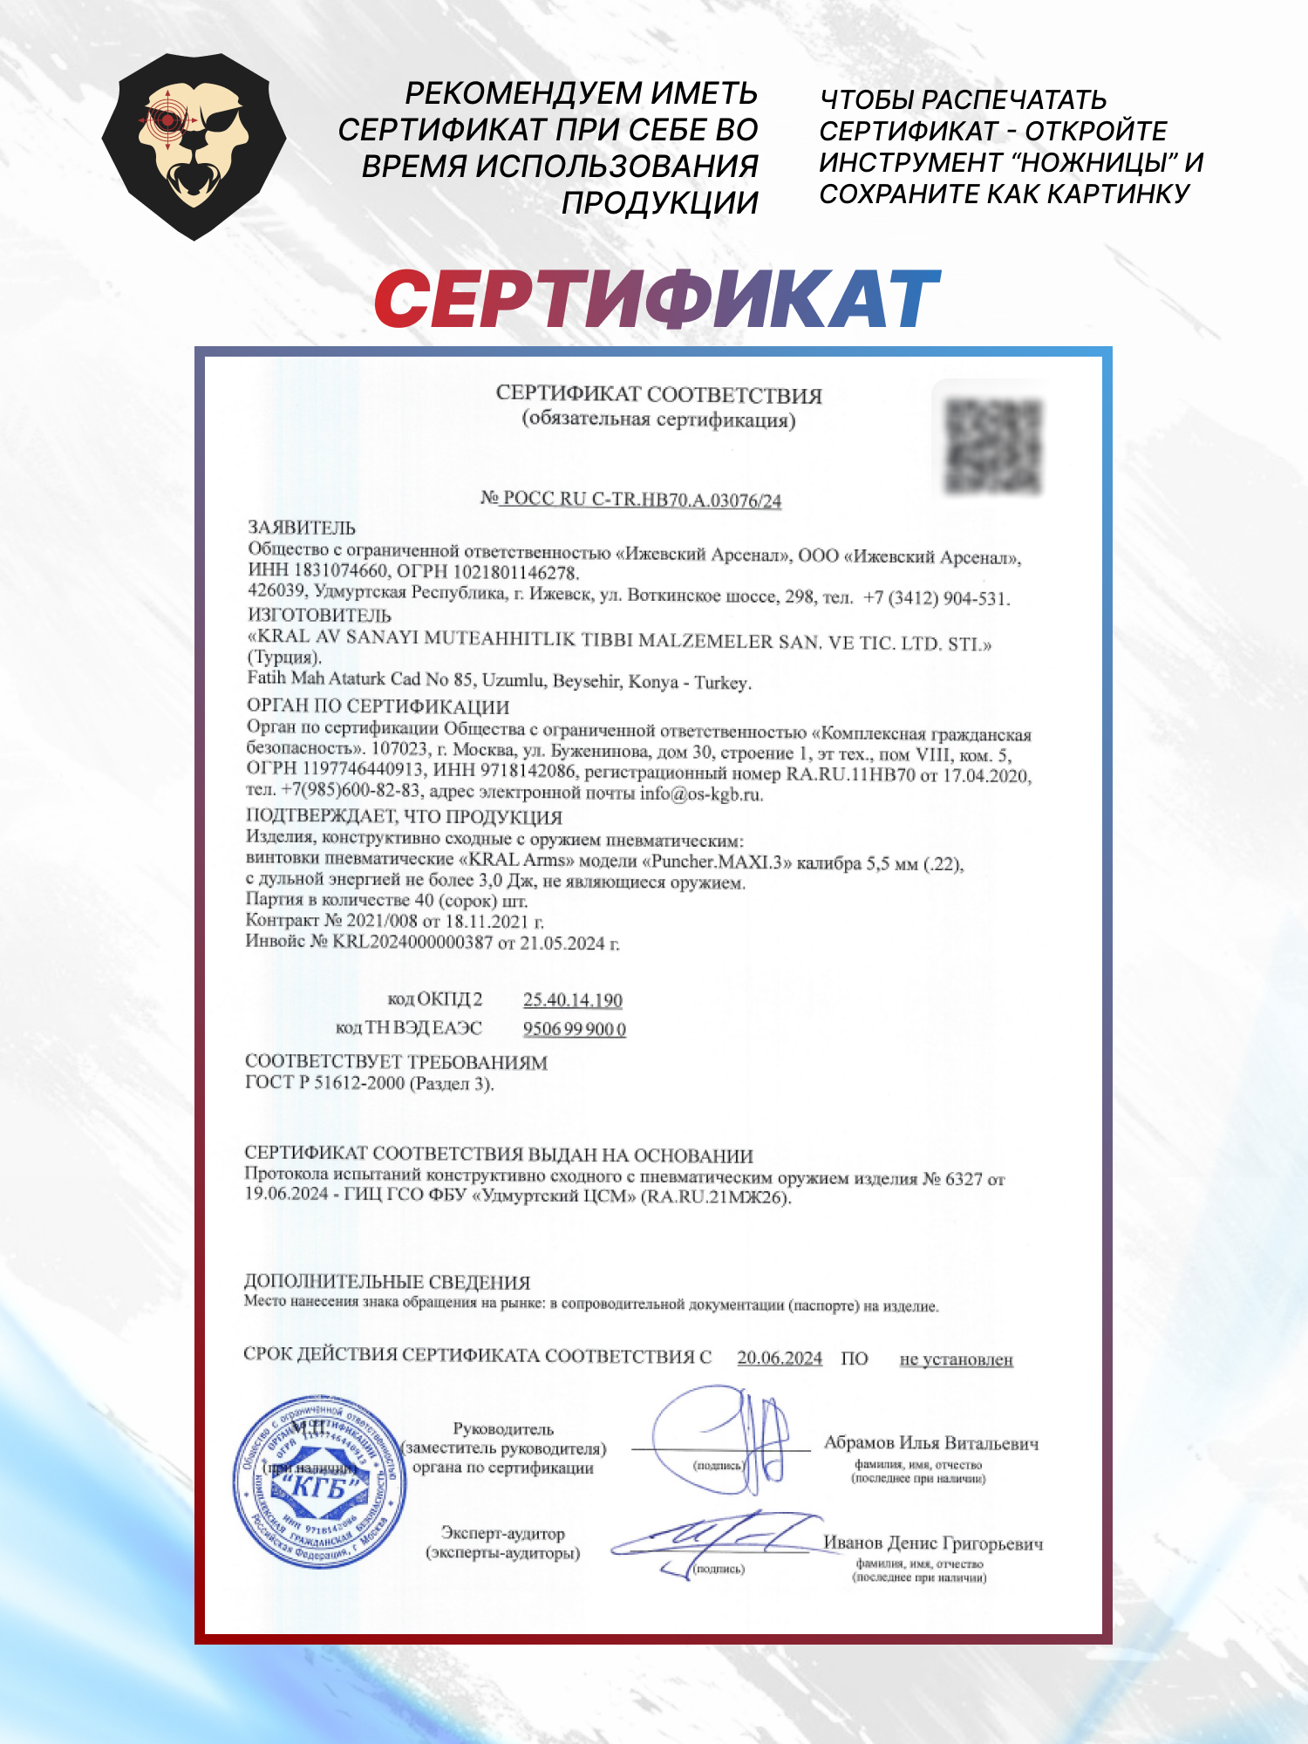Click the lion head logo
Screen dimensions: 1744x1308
click(194, 146)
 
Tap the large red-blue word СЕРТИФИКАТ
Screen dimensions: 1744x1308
click(657, 299)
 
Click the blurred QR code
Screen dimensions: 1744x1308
click(993, 446)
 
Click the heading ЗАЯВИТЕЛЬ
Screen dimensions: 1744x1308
click(302, 528)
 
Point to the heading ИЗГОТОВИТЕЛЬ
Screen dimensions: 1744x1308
click(319, 616)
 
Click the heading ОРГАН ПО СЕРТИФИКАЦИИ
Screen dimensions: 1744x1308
click(378, 705)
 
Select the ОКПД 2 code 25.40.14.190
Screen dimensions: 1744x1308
click(572, 1000)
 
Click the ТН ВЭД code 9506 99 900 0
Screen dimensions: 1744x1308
click(574, 1029)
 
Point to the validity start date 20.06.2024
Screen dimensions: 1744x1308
click(780, 1358)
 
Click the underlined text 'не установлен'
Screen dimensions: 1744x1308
click(956, 1359)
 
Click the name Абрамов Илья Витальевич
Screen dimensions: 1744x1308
click(931, 1443)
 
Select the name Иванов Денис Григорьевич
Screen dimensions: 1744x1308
click(933, 1543)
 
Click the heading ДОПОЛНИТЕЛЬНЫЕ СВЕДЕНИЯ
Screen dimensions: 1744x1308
click(386, 1282)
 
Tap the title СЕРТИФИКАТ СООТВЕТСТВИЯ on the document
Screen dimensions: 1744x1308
click(658, 394)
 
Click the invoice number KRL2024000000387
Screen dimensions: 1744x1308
click(412, 942)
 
